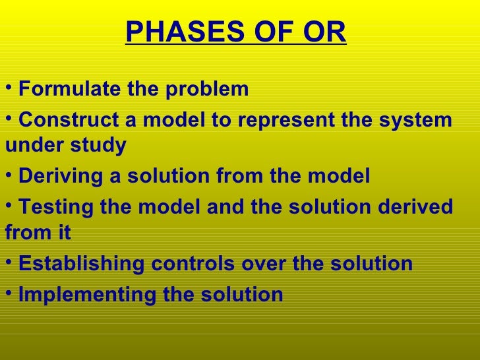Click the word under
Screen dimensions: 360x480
pyautogui.click(x=30, y=144)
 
